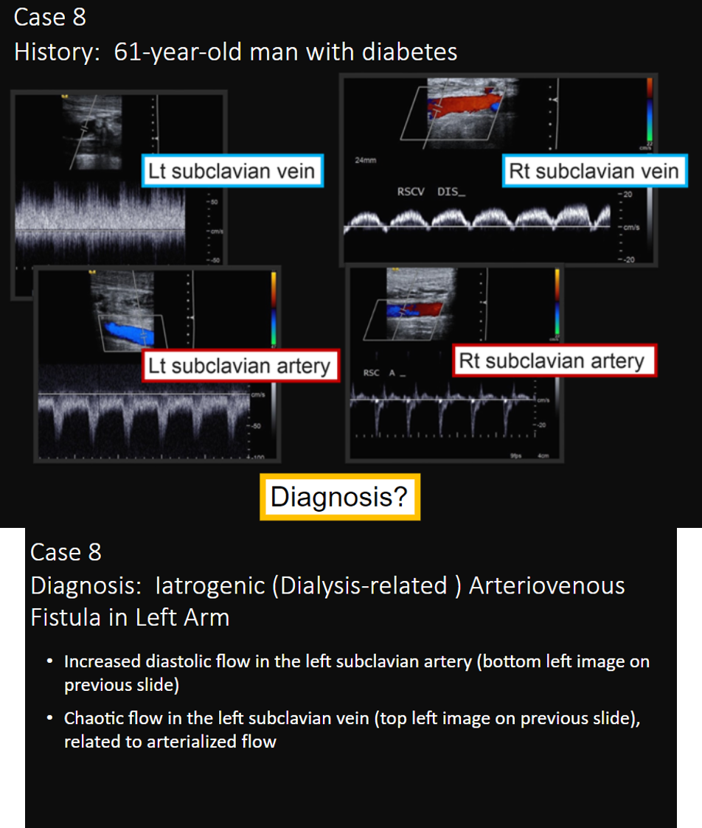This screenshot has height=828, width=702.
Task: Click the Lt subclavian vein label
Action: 232,172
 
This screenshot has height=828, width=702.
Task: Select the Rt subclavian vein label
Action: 594,172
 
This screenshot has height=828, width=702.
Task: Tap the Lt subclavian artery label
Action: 239,366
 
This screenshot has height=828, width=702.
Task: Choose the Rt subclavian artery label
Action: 552,361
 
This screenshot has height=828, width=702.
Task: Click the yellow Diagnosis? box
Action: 339,497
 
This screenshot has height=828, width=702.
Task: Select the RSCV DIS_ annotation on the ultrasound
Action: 431,192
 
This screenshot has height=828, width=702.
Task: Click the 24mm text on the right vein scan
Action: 363,160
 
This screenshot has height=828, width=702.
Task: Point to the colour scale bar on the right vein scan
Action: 649,111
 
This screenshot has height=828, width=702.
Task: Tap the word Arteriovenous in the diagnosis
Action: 546,585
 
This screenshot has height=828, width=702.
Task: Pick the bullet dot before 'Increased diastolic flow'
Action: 49,661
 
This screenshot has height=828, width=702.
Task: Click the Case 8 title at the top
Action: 49,18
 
